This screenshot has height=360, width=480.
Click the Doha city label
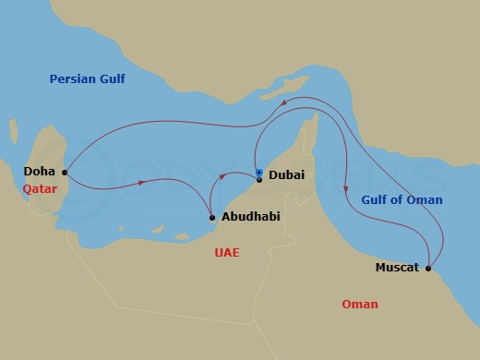[x=39, y=172]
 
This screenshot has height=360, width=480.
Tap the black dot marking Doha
[x=64, y=172]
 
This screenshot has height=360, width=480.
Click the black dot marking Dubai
[x=259, y=179]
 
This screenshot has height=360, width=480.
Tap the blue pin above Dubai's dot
[x=259, y=172]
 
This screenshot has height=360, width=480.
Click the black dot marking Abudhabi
[x=213, y=218]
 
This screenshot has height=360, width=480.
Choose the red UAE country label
[x=226, y=250]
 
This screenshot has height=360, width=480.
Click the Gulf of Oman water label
[x=401, y=200]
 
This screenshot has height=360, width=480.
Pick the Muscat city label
[x=397, y=268]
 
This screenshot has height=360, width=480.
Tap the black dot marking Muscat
[x=429, y=268]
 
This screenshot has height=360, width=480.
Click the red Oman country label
[x=359, y=305]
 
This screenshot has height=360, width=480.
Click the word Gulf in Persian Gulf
[x=112, y=79]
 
